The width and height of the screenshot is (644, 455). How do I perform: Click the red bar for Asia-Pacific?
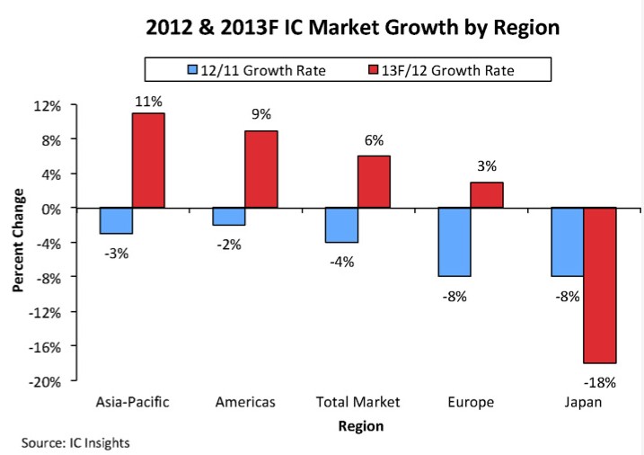tap(148, 160)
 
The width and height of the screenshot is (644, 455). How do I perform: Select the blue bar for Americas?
tap(229, 216)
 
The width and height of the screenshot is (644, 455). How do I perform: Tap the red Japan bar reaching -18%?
tap(600, 284)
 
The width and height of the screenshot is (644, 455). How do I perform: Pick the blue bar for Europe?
tap(454, 242)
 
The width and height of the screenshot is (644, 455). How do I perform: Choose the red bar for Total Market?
tap(374, 182)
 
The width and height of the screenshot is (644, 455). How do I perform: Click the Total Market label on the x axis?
tap(357, 402)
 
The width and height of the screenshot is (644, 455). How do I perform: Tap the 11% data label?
tap(148, 101)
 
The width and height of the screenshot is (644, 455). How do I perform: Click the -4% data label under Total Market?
tap(342, 262)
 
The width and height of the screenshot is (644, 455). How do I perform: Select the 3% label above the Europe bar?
tap(487, 166)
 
